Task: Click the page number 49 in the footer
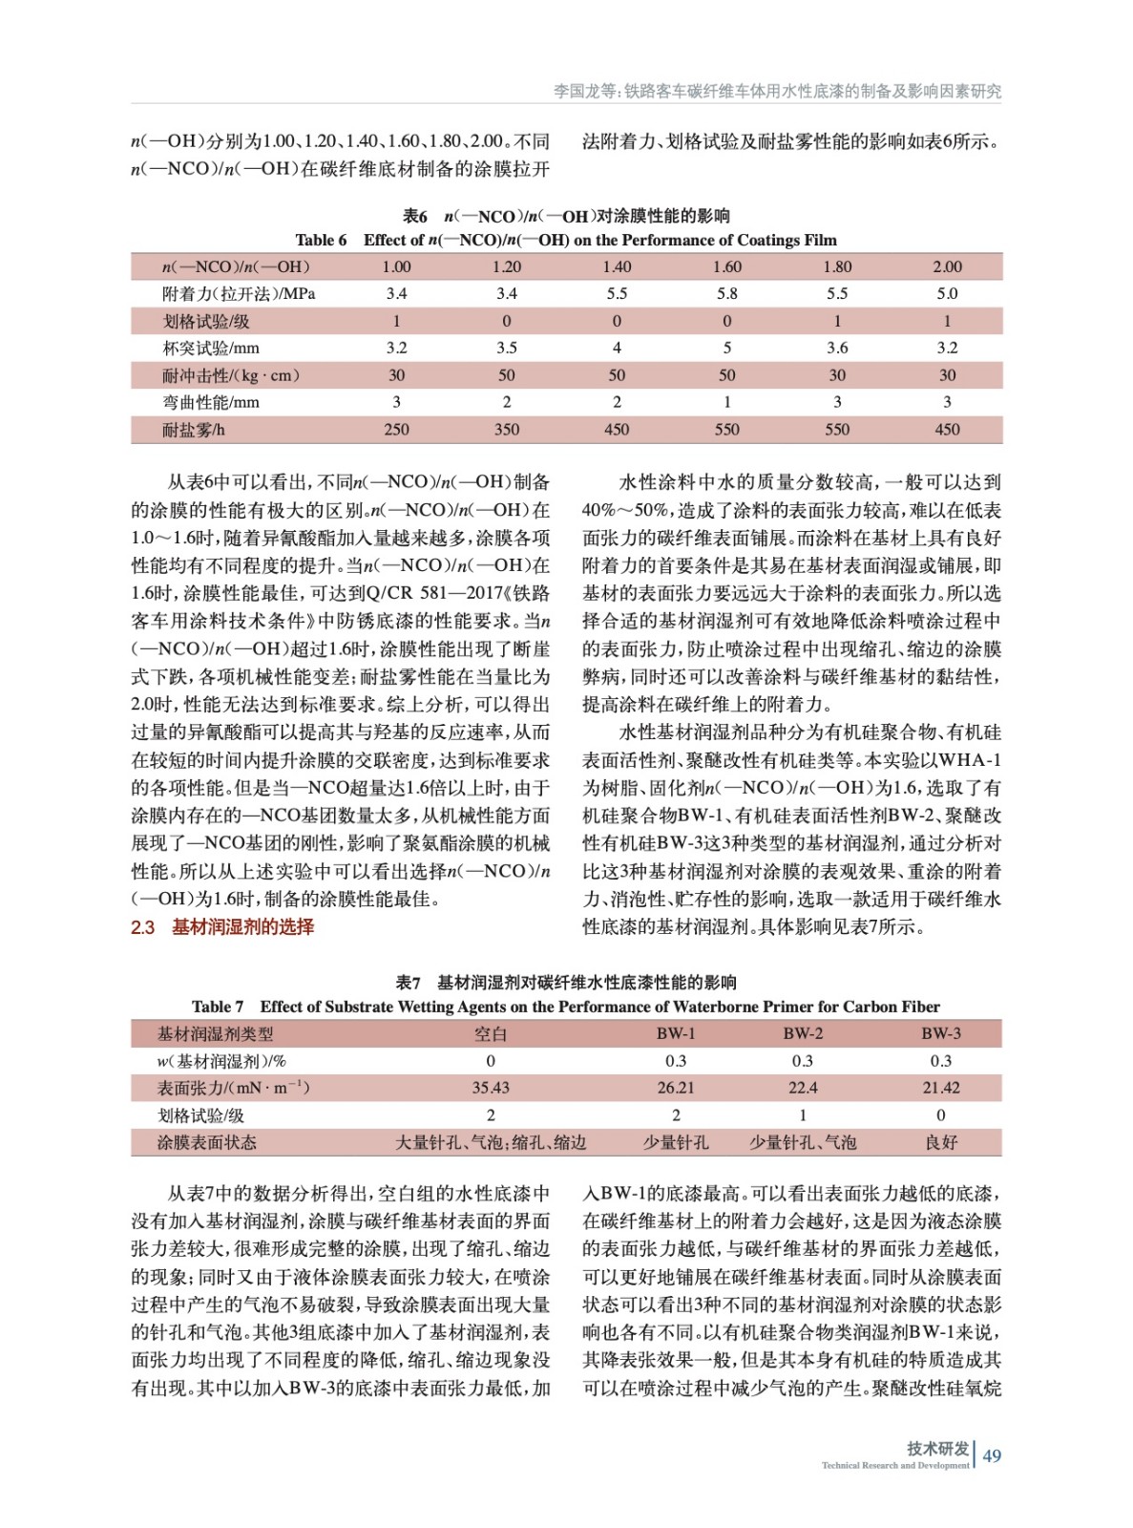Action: (992, 1455)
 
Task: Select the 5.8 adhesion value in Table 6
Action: (726, 293)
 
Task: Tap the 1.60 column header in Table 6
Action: (726, 266)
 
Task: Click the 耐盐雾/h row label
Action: (194, 430)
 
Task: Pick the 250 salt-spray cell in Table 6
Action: (396, 430)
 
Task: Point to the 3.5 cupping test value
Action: (506, 348)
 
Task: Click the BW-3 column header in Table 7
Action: (940, 1033)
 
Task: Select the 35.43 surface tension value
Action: (491, 1088)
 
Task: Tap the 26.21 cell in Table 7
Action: (675, 1088)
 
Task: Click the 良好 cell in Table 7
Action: (940, 1142)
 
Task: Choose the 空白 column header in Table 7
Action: (491, 1033)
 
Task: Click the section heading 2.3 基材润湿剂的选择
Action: (222, 926)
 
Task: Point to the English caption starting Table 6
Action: (565, 240)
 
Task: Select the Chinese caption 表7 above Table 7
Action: (565, 982)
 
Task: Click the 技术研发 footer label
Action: (937, 1448)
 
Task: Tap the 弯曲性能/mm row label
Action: (210, 402)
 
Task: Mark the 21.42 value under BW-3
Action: (940, 1088)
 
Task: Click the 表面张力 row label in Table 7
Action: (233, 1088)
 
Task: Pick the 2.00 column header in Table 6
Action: (947, 266)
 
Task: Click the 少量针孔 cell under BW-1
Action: (675, 1142)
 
